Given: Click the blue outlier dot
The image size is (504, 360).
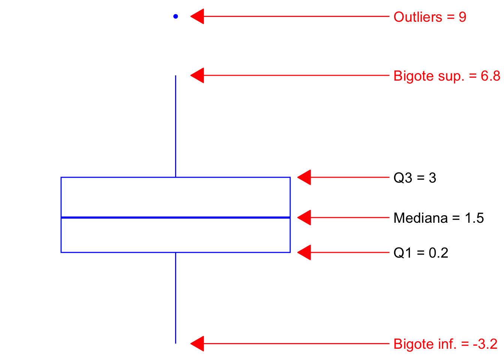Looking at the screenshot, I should [175, 16].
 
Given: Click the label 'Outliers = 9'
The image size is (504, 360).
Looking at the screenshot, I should [430, 17].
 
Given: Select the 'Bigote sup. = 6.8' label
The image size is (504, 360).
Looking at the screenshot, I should [447, 76].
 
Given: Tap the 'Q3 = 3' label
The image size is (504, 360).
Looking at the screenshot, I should [415, 178].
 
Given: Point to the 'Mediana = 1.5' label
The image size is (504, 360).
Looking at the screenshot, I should [439, 218].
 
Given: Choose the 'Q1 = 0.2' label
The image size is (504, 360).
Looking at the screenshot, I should [421, 253].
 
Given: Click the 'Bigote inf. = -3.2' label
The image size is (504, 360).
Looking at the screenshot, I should [445, 344].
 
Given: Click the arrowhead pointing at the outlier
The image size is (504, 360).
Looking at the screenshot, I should [198, 16].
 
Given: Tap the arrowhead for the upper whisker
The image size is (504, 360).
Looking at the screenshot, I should [198, 75].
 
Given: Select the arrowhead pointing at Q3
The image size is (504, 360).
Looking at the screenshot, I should [304, 177].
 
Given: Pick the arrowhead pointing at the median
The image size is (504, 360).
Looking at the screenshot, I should [304, 217].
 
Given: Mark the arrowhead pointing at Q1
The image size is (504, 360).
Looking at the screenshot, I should [304, 252].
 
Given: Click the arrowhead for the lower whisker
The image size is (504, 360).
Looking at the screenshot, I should [198, 343].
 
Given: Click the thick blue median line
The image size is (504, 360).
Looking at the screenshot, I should [175, 217].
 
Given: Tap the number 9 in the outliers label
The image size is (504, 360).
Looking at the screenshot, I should [462, 17].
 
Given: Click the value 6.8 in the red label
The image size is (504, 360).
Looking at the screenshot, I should [490, 76].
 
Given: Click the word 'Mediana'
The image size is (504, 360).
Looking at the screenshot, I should [421, 218].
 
